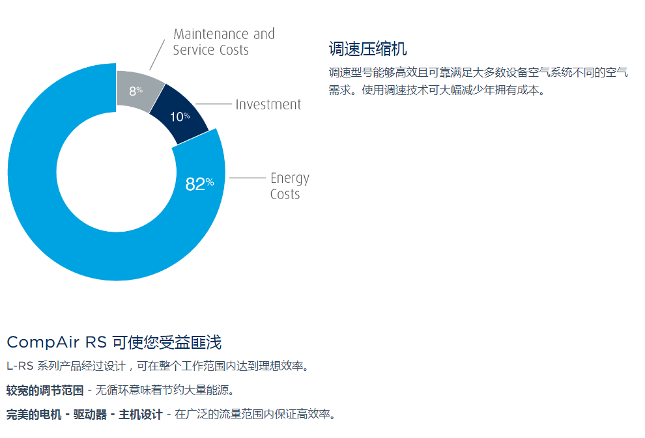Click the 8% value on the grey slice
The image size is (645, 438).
click(x=136, y=90)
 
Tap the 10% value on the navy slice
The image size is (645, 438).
click(x=180, y=116)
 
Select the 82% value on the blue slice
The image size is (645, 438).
click(x=199, y=184)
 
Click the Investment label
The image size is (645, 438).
click(x=268, y=104)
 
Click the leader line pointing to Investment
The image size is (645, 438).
click(x=214, y=104)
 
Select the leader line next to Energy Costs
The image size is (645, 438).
click(x=248, y=178)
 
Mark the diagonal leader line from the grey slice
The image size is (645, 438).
click(x=157, y=55)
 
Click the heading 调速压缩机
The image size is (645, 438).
click(x=367, y=49)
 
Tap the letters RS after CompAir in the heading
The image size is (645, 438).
click(x=96, y=342)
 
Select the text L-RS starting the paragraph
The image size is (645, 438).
click(x=20, y=366)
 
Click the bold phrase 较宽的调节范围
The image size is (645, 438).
click(x=45, y=390)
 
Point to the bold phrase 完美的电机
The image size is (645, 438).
click(x=34, y=414)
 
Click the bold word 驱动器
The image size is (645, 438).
click(x=90, y=414)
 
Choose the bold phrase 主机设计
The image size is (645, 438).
click(x=141, y=414)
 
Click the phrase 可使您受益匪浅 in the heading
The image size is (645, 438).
click(x=167, y=342)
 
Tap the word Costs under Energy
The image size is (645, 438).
click(x=285, y=194)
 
